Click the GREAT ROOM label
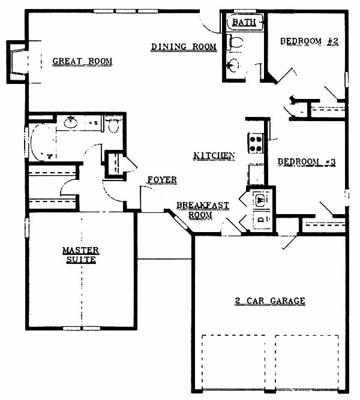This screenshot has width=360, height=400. coord(82,62)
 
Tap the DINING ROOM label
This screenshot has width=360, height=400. coord(184,47)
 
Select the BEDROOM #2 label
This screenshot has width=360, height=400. coord(309,41)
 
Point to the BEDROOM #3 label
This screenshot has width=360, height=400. coord(307,162)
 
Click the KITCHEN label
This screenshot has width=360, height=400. coord(214,155)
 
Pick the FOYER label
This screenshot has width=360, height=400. coord(162,180)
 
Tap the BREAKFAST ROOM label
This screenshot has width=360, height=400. coord(203,210)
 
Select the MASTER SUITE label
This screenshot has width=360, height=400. coord(80,255)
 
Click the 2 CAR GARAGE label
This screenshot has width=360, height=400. coord(270,301)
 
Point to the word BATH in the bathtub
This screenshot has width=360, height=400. coord(244,22)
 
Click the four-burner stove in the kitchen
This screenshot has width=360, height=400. coord(256,143)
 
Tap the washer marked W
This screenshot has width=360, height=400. coord(261,199)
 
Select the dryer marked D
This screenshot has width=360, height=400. coord(261,219)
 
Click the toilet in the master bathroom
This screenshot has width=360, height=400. coord(113,125)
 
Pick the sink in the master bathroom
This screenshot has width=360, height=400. coord(70,122)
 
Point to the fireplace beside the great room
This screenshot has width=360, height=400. coord(17,62)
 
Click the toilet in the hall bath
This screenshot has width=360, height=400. coord(235,43)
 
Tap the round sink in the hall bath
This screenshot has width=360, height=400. coord(233,65)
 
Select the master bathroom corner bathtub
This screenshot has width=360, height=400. coord(42,142)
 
